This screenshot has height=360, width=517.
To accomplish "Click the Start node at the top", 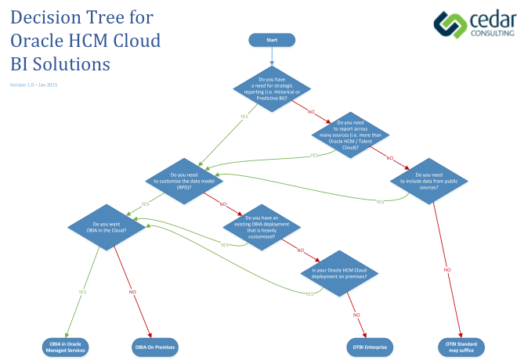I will pos(272,40).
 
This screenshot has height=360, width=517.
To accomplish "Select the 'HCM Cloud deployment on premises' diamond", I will pos(340,273).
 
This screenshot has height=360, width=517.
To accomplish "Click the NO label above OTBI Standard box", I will pos(447,270).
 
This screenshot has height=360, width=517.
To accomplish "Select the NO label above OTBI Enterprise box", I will pos(356,315).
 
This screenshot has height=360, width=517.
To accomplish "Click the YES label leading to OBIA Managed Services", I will pos(81,292).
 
